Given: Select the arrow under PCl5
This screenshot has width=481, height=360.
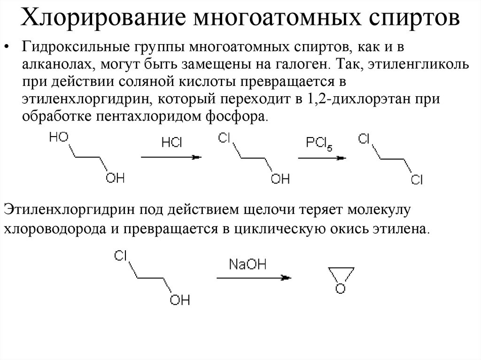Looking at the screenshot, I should pos(323,158).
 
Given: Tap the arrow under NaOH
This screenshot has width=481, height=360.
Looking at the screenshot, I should pos(254,278).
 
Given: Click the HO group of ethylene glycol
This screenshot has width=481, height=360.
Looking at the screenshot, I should pos(59,137).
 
